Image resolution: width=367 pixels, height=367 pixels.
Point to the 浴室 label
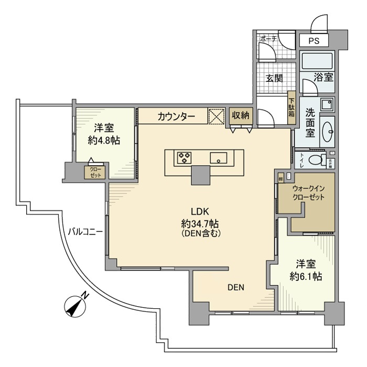click(x=323, y=77)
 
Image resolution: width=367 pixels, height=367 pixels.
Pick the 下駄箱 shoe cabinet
click(x=292, y=107)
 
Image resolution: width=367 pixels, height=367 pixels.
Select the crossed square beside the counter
click(x=216, y=115)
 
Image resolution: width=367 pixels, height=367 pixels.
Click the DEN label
click(x=235, y=287)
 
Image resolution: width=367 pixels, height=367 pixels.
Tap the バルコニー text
click(x=84, y=231)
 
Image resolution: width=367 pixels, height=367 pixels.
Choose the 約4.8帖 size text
click(x=104, y=140)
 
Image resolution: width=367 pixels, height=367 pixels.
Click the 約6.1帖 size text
click(x=304, y=276)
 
